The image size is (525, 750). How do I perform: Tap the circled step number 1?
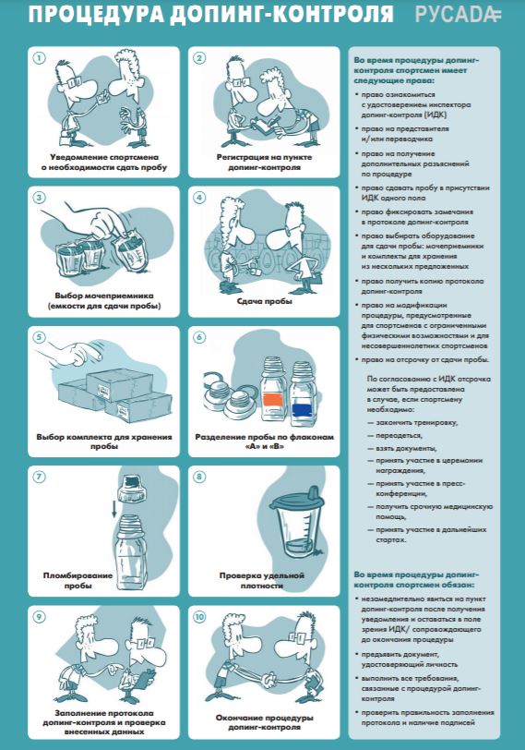coord(39,58)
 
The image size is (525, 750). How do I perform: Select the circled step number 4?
coord(198,197)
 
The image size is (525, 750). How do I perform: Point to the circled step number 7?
coord(39,478)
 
